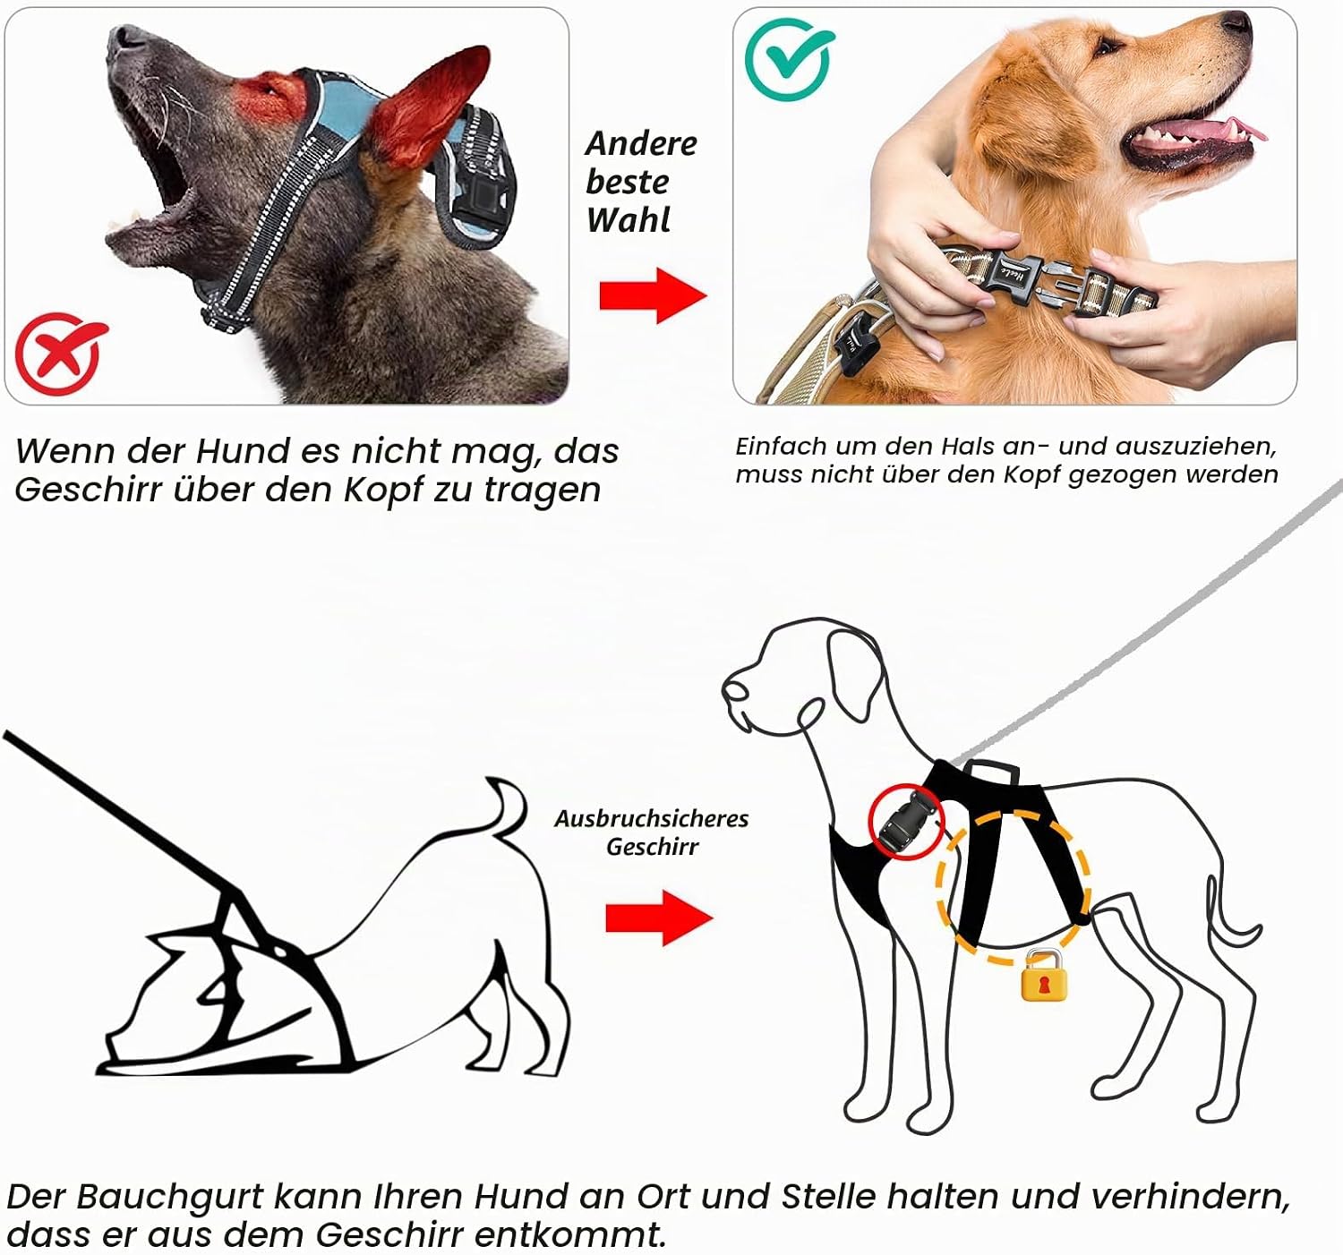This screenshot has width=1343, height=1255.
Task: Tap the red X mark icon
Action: (x=59, y=353)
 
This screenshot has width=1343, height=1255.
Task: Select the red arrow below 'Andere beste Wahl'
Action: (x=653, y=295)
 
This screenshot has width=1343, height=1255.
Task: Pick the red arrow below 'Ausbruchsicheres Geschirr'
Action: (x=659, y=918)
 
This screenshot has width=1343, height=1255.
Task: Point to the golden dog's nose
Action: (x=1236, y=21)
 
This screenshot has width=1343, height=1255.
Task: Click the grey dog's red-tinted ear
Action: (x=430, y=105)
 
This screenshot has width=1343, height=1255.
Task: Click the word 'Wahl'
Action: (x=629, y=220)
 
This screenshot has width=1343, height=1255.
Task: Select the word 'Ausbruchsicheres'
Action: (x=651, y=818)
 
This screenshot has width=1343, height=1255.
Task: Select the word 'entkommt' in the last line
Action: (x=570, y=1234)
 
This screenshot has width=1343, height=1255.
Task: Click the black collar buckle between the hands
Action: (x=1014, y=277)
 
